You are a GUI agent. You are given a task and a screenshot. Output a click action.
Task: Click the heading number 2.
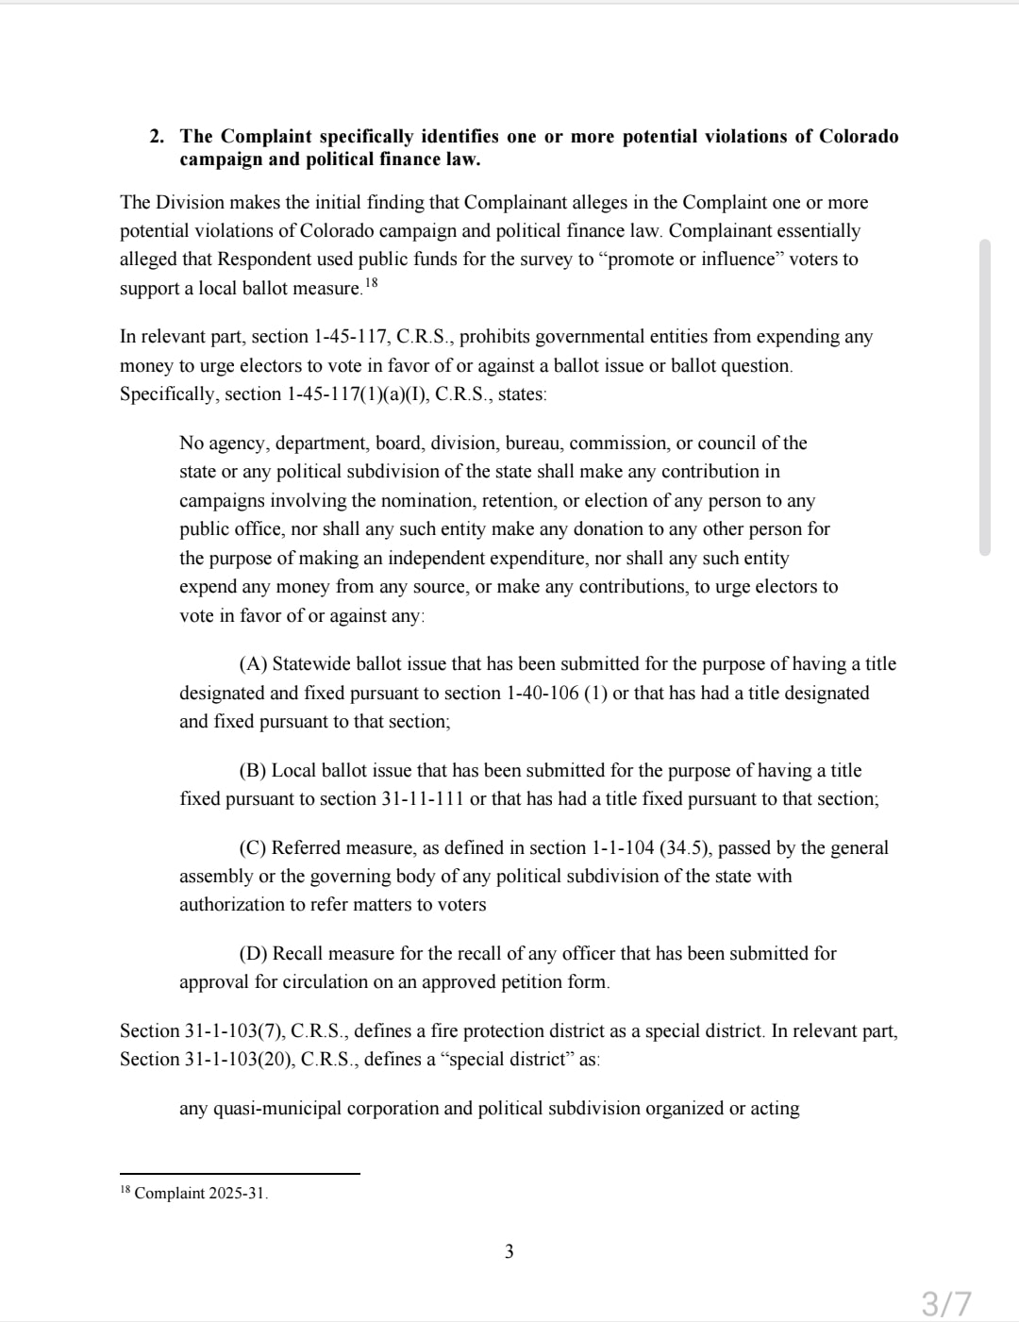coord(156,137)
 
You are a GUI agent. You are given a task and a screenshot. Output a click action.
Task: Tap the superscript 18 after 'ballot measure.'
coord(371,282)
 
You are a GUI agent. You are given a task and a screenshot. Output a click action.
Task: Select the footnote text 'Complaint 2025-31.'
coord(201,1194)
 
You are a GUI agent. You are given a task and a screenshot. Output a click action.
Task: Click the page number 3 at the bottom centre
coord(509,1252)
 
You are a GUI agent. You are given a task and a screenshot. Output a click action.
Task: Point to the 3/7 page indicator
coord(945,1304)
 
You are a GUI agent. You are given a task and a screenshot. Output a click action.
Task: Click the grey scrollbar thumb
coord(985,396)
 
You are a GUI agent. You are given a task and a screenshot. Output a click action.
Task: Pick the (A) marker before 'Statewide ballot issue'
coord(253,664)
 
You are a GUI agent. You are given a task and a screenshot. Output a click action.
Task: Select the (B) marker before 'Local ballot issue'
coord(253,771)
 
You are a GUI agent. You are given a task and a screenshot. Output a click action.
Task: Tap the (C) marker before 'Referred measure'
coord(253,848)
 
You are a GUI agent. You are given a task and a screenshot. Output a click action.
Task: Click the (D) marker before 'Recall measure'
coord(253,954)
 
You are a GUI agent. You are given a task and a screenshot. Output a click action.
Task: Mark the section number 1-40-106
coord(543,694)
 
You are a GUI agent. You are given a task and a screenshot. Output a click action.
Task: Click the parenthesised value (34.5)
coord(686,848)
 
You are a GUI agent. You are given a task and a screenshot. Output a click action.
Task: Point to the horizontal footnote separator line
coord(240,1174)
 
